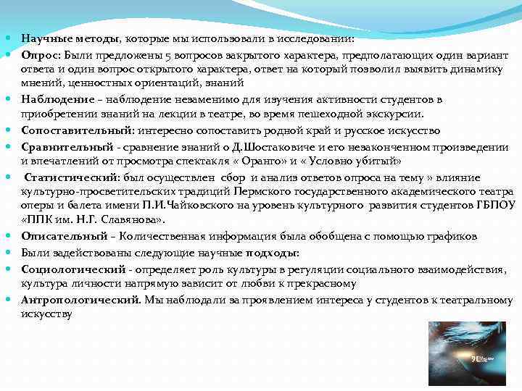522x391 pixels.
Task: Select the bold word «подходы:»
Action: [x=270, y=252]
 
